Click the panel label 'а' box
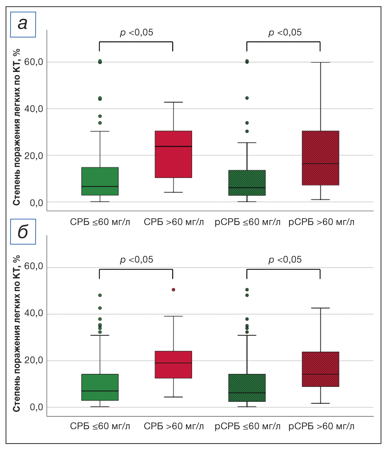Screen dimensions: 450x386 pyautogui.click(x=23, y=24)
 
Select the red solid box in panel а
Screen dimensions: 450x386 pyautogui.click(x=173, y=154)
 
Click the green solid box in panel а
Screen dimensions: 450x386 pyautogui.click(x=100, y=181)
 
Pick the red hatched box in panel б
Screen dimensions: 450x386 pyautogui.click(x=320, y=369)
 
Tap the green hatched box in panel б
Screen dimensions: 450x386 pyautogui.click(x=247, y=388)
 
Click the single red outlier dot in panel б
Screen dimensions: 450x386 pyautogui.click(x=173, y=290)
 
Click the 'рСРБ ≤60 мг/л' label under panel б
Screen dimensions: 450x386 pyautogui.click(x=248, y=427)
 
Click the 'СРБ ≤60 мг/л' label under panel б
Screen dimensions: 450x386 pyautogui.click(x=100, y=427)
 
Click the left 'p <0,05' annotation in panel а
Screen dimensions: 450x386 pyautogui.click(x=136, y=33)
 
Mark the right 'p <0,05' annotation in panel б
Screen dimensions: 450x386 pyautogui.click(x=285, y=260)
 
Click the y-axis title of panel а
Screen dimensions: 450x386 pyautogui.click(x=17, y=127)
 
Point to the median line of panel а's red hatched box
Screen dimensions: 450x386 pyautogui.click(x=320, y=164)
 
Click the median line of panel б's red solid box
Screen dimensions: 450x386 pyautogui.click(x=173, y=363)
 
